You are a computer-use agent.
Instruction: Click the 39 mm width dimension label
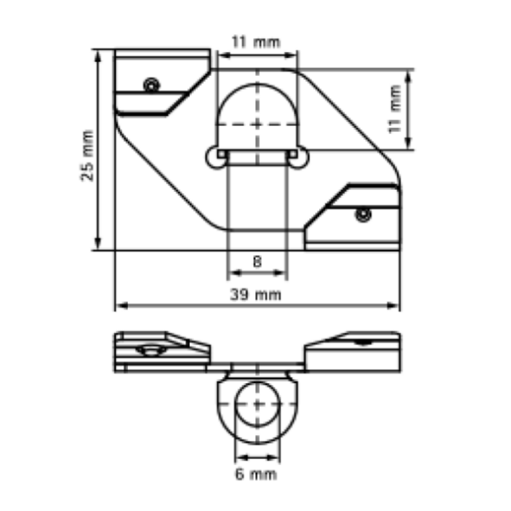click(255, 295)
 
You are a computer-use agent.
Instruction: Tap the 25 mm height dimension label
click(88, 156)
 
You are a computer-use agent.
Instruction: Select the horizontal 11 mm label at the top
click(255, 43)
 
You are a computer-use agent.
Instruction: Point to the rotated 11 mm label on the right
click(394, 109)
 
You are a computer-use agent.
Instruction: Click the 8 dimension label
click(257, 261)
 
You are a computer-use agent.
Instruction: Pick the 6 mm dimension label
click(256, 474)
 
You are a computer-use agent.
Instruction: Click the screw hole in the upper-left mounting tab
click(152, 86)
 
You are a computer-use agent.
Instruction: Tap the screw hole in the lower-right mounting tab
click(364, 215)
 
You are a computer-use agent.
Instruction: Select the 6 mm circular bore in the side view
click(257, 382)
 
